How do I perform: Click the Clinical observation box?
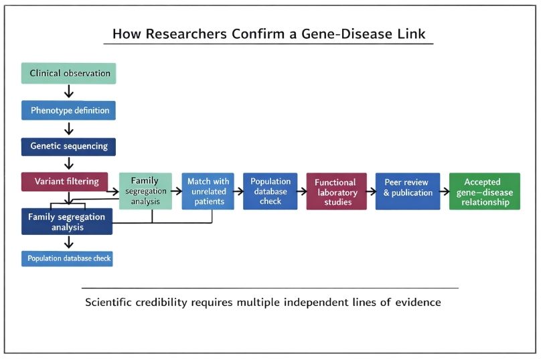tap(68, 73)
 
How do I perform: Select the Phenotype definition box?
tap(68, 110)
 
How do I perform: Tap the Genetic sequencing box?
tap(68, 147)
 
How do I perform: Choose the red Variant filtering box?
tap(65, 181)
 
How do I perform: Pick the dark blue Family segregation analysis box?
tap(67, 221)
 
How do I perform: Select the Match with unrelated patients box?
tap(208, 191)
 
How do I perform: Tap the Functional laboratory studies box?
tap(336, 191)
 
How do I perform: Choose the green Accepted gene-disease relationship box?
tap(483, 191)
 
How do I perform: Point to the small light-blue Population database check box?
tap(67, 258)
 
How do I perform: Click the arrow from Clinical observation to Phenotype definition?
tap(68, 92)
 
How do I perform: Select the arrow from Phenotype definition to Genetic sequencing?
tap(68, 128)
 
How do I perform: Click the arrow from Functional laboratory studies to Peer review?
tap(371, 191)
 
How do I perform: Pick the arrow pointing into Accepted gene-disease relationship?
tap(444, 191)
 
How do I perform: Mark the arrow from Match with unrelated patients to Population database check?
tap(236, 191)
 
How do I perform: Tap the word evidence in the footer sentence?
tap(417, 302)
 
